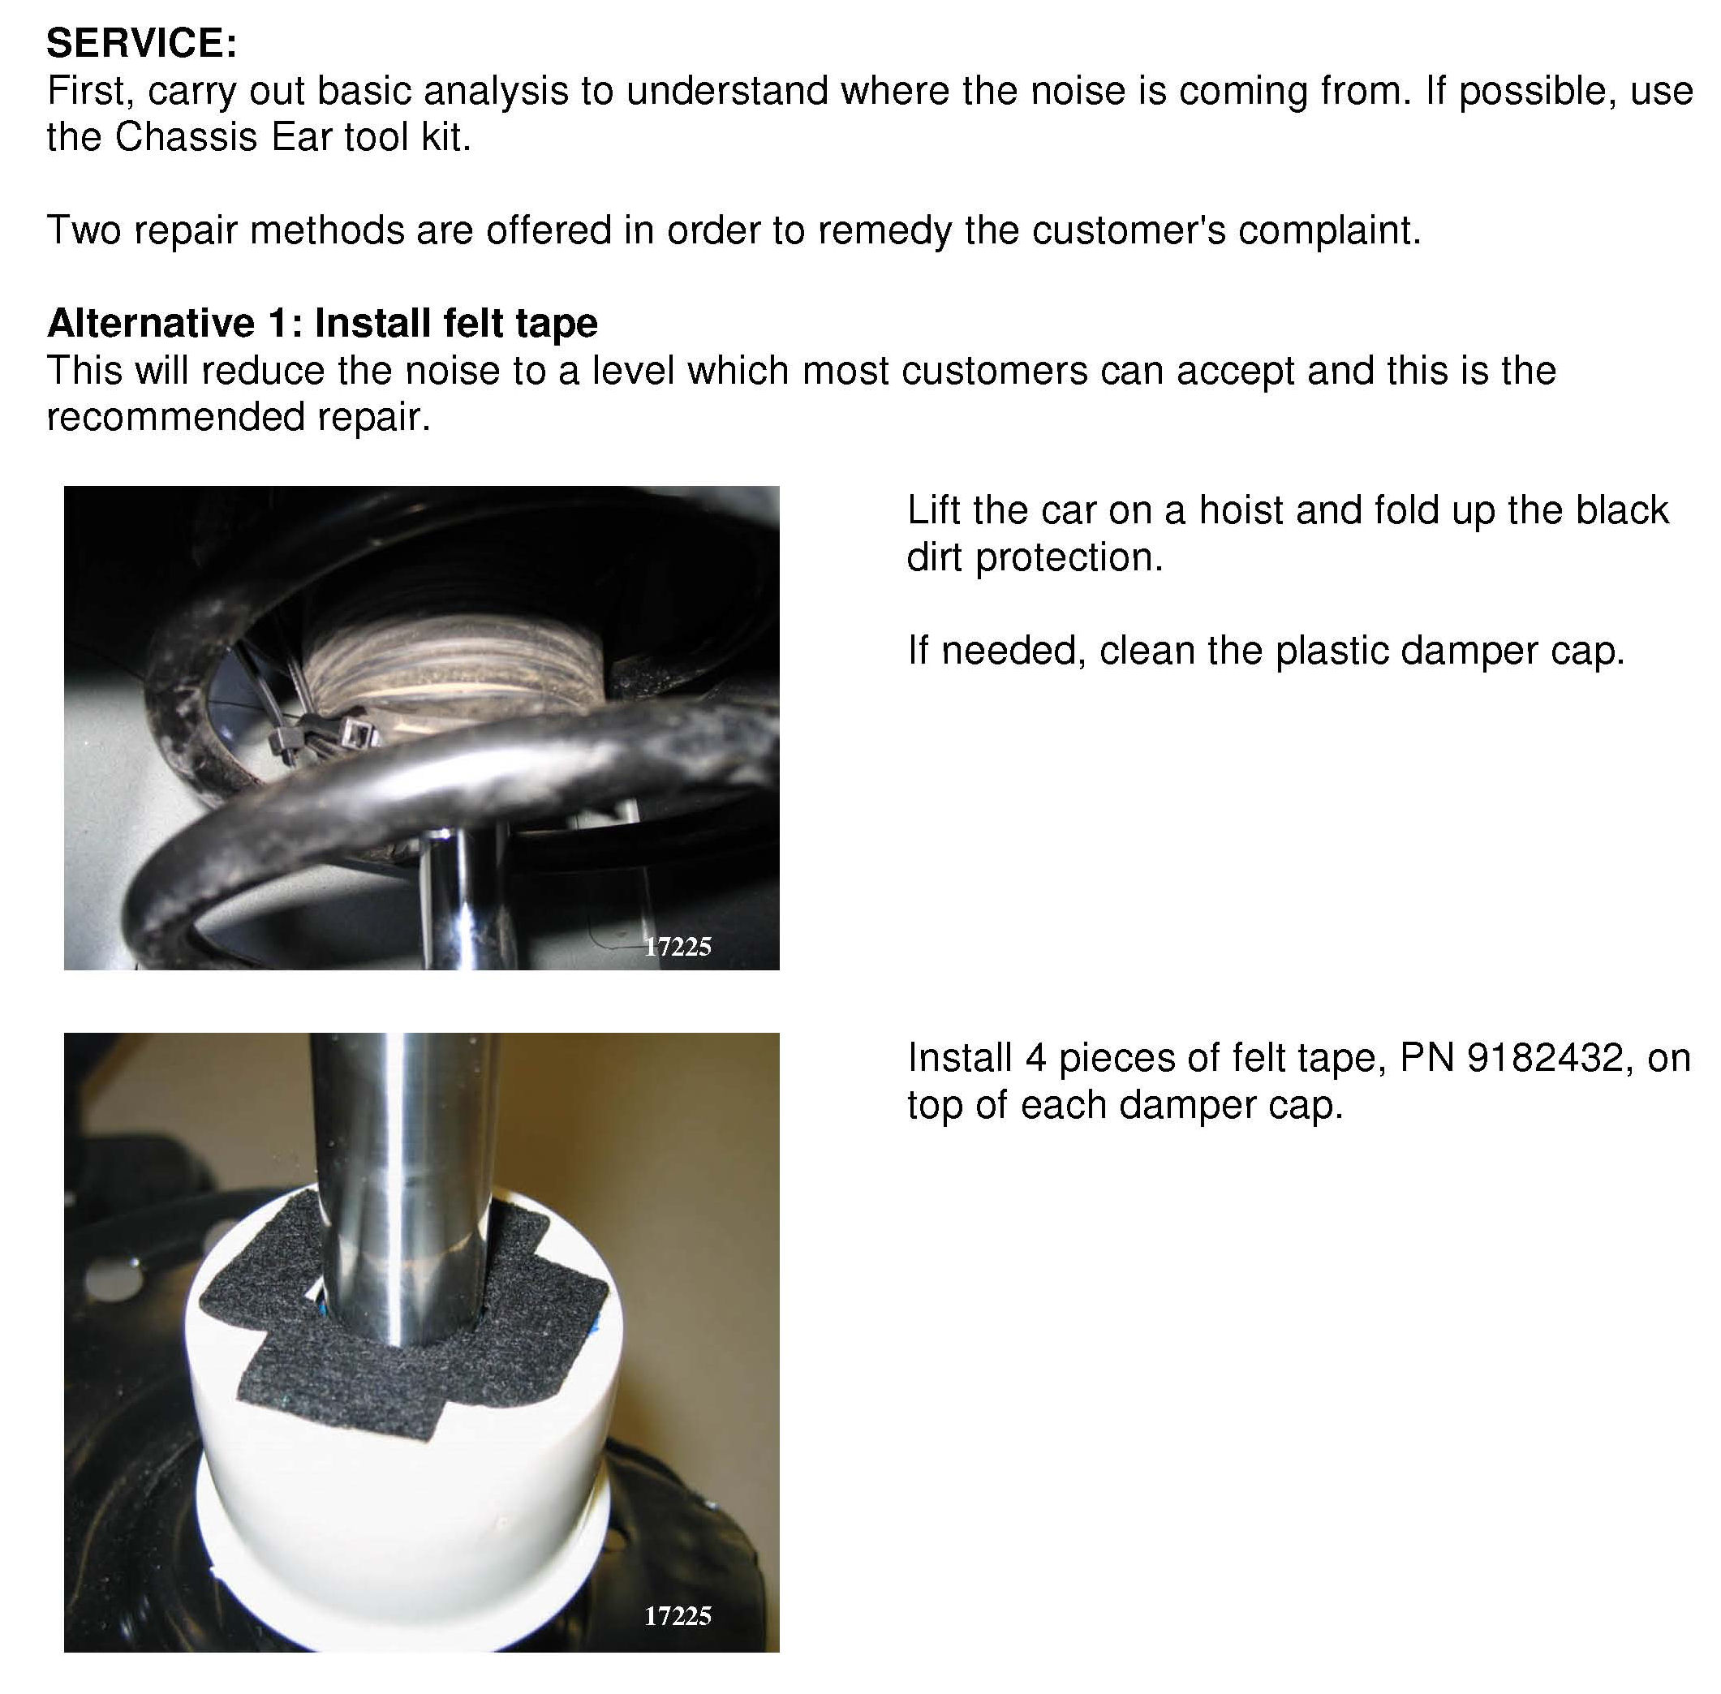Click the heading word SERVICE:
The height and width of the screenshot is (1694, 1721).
click(x=141, y=43)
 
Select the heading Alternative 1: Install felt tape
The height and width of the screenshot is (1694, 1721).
click(x=322, y=322)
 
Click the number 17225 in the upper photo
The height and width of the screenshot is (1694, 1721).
click(x=678, y=946)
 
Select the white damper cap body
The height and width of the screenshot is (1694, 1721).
click(x=405, y=1459)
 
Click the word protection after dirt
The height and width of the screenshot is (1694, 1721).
click(x=1069, y=558)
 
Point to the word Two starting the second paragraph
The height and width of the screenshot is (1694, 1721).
click(x=84, y=230)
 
